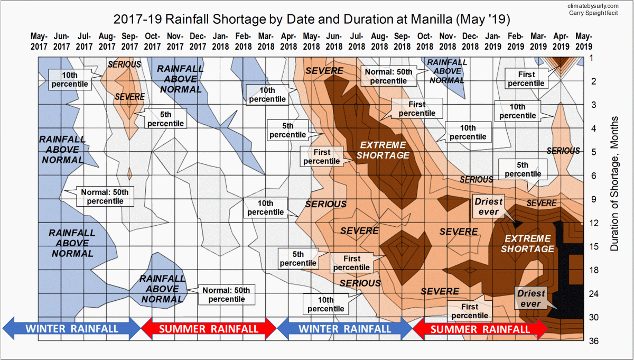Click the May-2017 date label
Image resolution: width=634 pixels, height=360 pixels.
[39, 41]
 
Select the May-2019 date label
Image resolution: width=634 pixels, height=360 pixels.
[583, 41]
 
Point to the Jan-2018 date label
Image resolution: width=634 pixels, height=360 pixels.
[220, 41]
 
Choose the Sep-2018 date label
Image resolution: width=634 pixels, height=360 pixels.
[402, 41]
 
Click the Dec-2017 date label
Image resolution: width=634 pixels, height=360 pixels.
[198, 41]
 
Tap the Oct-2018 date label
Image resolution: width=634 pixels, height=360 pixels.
[425, 41]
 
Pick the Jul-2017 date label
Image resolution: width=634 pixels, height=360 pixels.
[84, 41]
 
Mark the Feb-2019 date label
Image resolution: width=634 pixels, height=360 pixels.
[516, 41]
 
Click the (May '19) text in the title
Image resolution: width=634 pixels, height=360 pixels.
[486, 20]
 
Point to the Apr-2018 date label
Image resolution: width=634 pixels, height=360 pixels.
[288, 41]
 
